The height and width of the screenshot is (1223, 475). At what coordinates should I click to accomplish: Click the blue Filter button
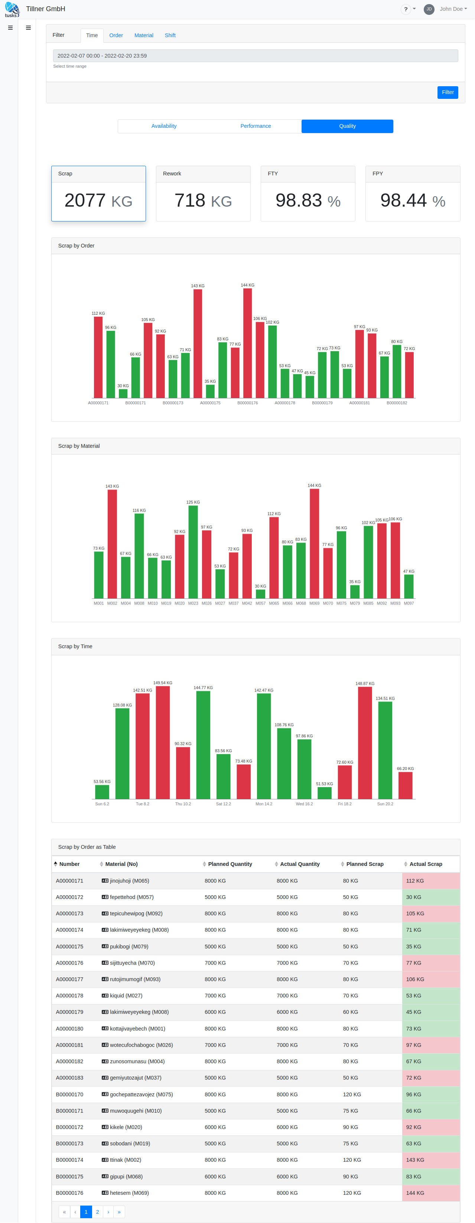pyautogui.click(x=448, y=92)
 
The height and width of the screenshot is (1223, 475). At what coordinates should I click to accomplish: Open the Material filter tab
pyautogui.click(x=144, y=36)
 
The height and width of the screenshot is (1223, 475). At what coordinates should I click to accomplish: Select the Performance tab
pyautogui.click(x=255, y=126)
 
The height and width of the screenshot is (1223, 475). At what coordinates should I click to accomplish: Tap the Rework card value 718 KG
pyautogui.click(x=203, y=201)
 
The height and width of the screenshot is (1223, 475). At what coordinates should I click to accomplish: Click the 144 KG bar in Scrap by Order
pyautogui.click(x=248, y=343)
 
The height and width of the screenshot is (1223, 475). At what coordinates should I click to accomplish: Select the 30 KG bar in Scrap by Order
pyautogui.click(x=123, y=394)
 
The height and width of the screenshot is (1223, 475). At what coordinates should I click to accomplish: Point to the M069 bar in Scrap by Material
pyautogui.click(x=314, y=544)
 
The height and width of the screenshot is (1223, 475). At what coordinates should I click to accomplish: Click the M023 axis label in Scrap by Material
pyautogui.click(x=193, y=604)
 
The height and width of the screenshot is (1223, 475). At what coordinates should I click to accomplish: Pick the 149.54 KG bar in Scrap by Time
pyautogui.click(x=163, y=742)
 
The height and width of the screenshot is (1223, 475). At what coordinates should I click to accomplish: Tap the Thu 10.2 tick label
pyautogui.click(x=183, y=804)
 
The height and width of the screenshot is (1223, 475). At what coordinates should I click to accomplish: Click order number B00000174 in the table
pyautogui.click(x=70, y=1160)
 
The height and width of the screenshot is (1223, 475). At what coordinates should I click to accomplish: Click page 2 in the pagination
pyautogui.click(x=97, y=1211)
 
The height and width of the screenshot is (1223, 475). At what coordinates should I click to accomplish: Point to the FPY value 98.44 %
pyautogui.click(x=412, y=201)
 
